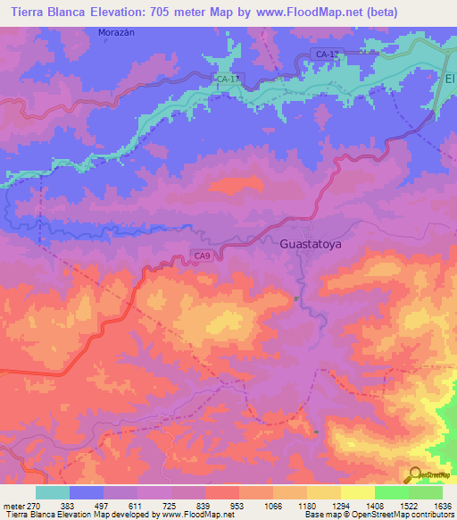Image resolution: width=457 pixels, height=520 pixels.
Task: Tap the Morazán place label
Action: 115,32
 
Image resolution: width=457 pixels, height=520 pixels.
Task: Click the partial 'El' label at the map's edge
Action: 450,79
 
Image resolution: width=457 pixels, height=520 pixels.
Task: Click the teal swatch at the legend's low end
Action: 53,492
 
